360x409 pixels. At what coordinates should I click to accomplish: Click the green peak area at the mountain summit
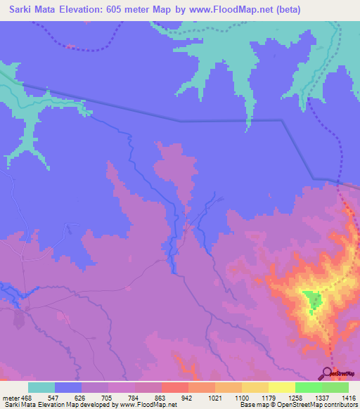[312, 301]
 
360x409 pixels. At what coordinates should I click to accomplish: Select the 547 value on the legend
[55, 398]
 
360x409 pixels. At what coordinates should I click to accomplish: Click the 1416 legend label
[348, 398]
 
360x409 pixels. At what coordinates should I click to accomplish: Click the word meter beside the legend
[11, 398]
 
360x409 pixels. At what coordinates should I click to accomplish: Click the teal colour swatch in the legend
[41, 387]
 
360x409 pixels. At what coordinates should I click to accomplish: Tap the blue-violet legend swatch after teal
[68, 387]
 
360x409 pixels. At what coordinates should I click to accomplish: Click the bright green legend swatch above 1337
[308, 387]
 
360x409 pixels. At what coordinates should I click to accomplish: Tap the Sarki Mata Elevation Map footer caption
[88, 405]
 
